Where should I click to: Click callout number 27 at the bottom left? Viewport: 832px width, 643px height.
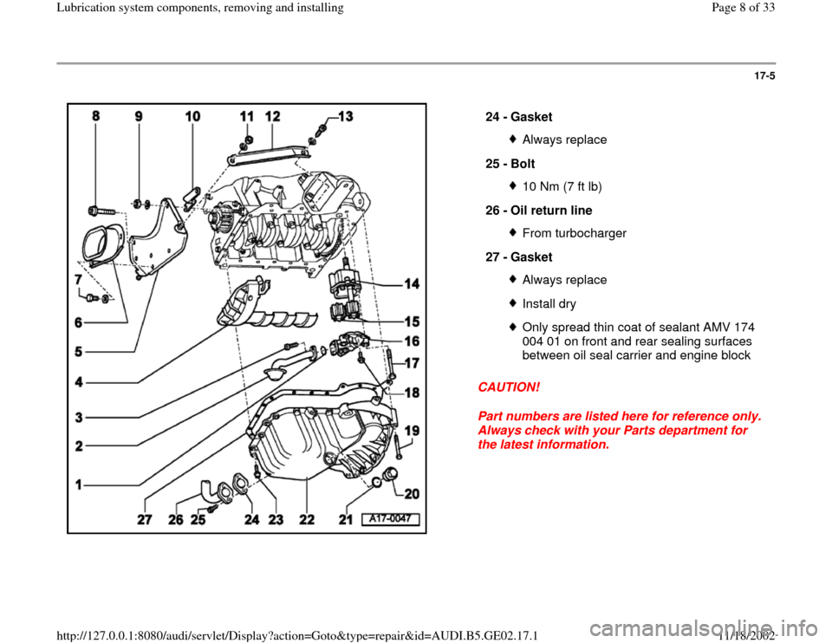click(x=145, y=521)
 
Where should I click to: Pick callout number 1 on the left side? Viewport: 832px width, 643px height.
click(x=79, y=487)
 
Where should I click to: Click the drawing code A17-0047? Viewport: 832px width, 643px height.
click(x=391, y=519)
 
